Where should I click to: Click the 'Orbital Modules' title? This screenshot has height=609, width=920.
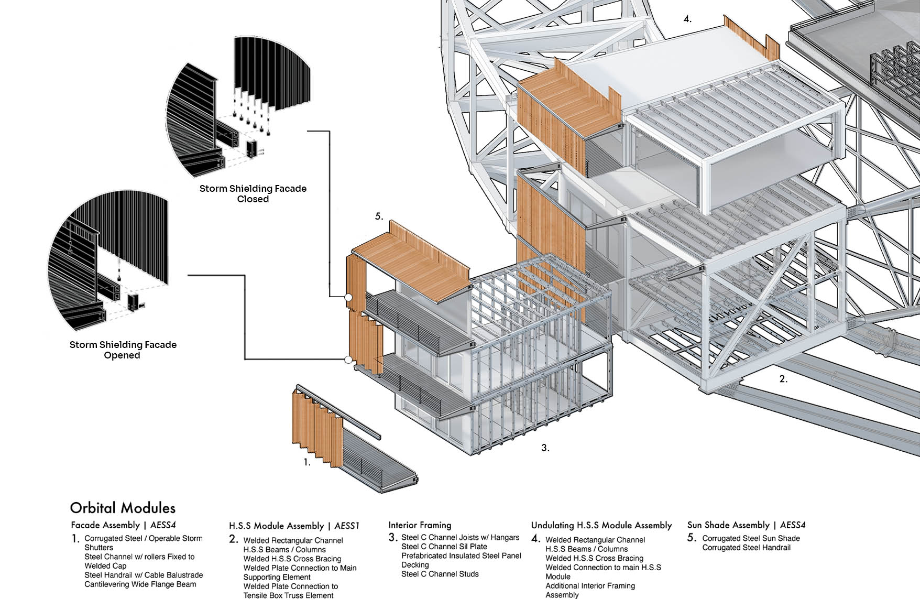[123, 508]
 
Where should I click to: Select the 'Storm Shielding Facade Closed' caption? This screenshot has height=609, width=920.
[253, 193]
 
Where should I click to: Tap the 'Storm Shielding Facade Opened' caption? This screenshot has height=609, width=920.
[123, 350]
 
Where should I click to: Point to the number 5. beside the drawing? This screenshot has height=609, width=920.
[379, 216]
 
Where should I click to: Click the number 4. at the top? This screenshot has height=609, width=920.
[687, 19]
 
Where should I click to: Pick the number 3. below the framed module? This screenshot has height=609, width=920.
[545, 448]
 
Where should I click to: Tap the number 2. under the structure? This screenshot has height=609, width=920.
[783, 378]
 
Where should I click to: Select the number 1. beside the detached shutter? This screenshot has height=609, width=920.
[306, 462]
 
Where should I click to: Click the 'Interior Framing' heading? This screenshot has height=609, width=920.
[420, 525]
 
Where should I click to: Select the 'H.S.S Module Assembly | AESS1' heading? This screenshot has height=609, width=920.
[294, 526]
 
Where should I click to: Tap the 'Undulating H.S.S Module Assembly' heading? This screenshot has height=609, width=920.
[601, 525]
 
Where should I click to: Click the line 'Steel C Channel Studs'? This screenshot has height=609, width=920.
[440, 574]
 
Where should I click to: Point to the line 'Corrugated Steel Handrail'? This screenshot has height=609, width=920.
[746, 548]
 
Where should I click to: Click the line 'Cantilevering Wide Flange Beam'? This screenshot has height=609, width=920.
[140, 584]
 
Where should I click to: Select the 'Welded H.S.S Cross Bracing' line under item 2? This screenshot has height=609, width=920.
[292, 559]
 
